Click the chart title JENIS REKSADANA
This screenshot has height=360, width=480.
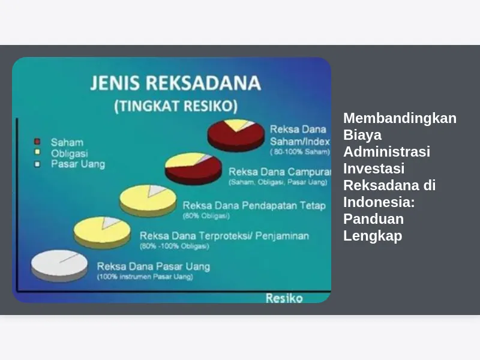(x=176, y=83)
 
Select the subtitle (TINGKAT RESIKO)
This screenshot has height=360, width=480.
(x=176, y=106)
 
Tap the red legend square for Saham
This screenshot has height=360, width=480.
(x=37, y=142)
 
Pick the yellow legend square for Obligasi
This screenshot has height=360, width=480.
(x=37, y=152)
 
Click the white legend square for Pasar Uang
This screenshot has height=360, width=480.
(x=37, y=164)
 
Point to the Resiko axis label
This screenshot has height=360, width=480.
(x=284, y=298)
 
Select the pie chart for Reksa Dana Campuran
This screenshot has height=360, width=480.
(x=193, y=169)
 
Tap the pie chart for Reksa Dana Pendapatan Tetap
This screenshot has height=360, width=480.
(x=148, y=200)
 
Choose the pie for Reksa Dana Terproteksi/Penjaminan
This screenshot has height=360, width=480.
(x=102, y=232)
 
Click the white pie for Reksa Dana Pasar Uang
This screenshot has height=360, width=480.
(x=59, y=265)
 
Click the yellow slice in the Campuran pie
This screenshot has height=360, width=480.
(x=184, y=160)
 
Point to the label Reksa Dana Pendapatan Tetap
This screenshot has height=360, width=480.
(x=254, y=205)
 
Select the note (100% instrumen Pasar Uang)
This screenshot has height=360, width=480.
(x=145, y=277)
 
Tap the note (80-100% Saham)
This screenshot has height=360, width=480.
(x=300, y=152)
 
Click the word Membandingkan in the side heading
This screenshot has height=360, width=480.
(x=400, y=118)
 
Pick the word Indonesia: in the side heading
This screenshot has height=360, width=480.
(x=379, y=202)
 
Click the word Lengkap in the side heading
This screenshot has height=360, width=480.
(x=373, y=236)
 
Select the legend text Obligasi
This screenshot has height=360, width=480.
(x=70, y=154)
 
